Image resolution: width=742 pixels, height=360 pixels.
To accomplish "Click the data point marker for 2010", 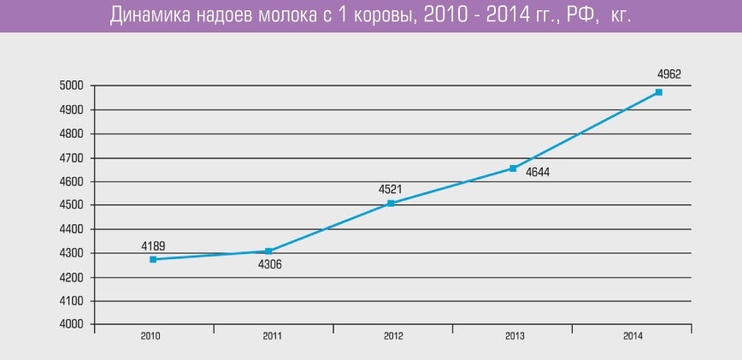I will [153, 259].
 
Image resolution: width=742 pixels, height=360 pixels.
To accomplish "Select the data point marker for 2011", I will [268, 251].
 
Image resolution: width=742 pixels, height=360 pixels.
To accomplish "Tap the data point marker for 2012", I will [391, 204].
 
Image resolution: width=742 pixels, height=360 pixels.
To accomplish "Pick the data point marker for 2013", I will [513, 168].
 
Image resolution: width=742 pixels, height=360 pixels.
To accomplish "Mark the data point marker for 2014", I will [659, 91].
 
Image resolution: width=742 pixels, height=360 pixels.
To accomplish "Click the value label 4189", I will [153, 246].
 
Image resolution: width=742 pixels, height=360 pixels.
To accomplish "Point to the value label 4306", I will [269, 264].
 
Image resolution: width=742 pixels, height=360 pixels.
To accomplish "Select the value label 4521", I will [390, 189].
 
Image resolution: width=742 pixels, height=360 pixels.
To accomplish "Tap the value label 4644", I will [538, 173].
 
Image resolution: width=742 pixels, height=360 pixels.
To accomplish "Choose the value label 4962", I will [669, 74].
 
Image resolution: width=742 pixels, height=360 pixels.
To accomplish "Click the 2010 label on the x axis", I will [151, 337].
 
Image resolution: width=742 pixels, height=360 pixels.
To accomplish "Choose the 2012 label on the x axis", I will [392, 337].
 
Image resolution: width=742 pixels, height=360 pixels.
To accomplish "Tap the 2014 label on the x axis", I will [633, 337].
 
